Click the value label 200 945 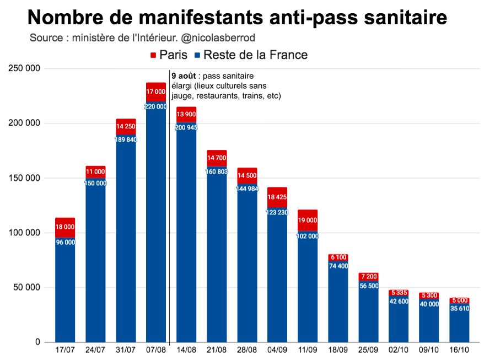(186, 127)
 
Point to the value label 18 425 (277, 197)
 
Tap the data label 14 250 (126, 126)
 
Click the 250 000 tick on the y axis (24, 68)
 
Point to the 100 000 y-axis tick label (24, 233)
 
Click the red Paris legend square (153, 55)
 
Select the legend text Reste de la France (255, 55)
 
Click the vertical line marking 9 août (169, 221)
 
